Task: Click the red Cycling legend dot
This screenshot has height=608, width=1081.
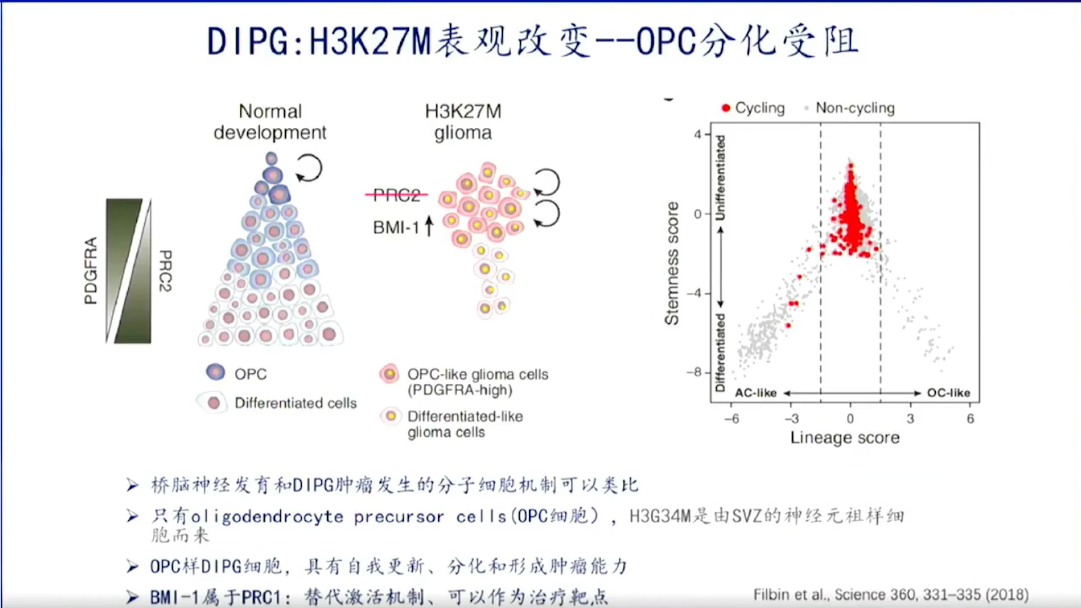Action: tap(726, 108)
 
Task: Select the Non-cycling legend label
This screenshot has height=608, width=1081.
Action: tap(855, 108)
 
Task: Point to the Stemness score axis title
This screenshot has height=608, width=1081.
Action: tap(672, 263)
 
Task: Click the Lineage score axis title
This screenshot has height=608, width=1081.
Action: tap(845, 437)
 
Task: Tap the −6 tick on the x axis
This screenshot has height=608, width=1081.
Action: tap(731, 419)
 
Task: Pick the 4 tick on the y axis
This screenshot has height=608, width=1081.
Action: tap(698, 135)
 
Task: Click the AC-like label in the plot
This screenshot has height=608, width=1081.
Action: tap(756, 393)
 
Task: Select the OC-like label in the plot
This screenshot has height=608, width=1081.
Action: tap(949, 393)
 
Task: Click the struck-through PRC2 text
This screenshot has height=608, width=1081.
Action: tap(397, 195)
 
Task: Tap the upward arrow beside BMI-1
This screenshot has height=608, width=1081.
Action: tap(429, 226)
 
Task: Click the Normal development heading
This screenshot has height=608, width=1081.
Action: tap(270, 122)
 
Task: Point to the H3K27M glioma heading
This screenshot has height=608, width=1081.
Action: tap(463, 122)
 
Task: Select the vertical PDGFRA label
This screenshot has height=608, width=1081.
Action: tap(90, 270)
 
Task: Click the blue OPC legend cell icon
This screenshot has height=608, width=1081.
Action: tap(216, 372)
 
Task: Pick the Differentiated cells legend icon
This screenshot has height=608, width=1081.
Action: tap(213, 403)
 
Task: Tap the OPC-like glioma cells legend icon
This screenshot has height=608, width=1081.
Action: tap(389, 373)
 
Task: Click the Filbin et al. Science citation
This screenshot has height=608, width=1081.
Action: tap(891, 595)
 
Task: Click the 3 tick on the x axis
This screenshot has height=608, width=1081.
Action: tap(910, 419)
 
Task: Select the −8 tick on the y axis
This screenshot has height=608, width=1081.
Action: tap(694, 373)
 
